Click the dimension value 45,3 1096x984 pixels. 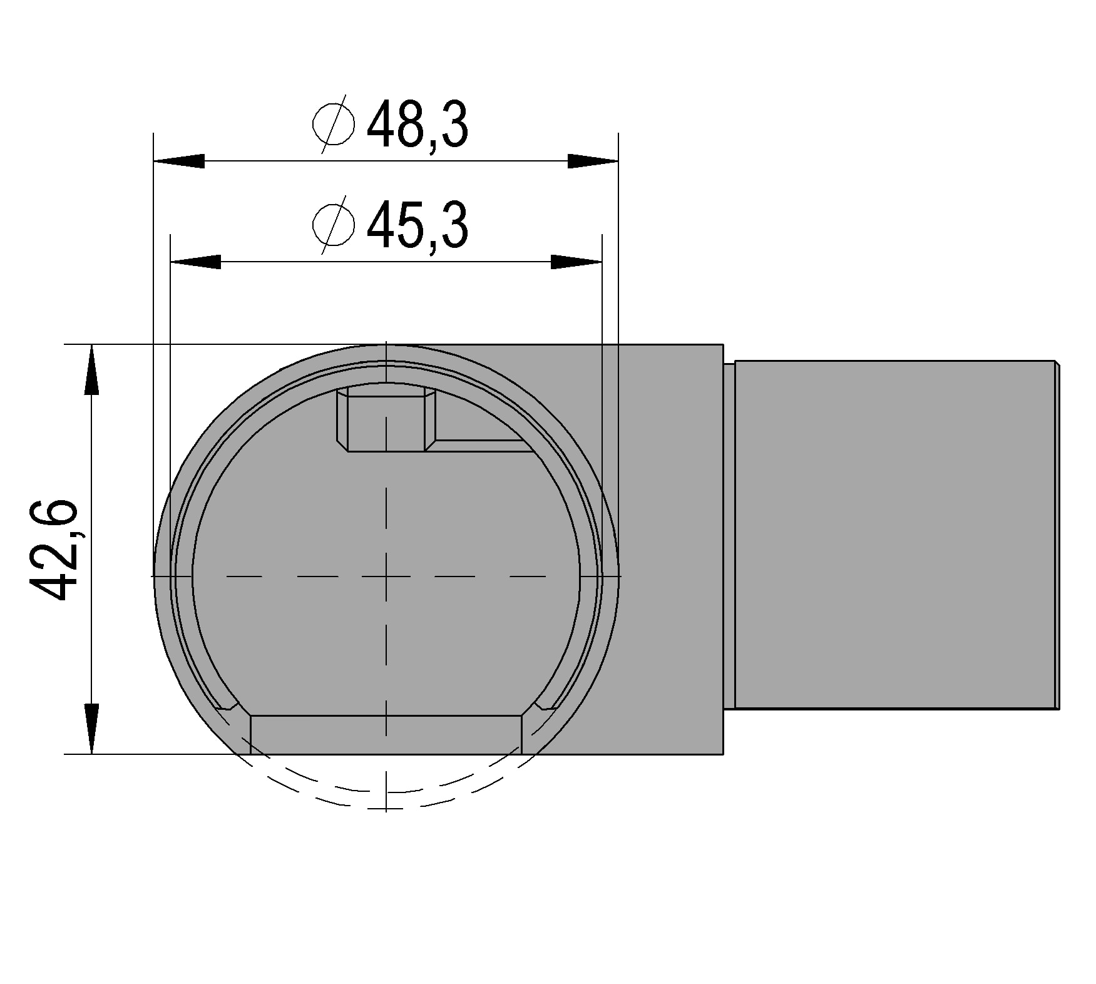(417, 227)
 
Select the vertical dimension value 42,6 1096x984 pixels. (54, 550)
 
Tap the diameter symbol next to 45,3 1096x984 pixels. (334, 225)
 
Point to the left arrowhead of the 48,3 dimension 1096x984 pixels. (179, 161)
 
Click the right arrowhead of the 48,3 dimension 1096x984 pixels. (593, 161)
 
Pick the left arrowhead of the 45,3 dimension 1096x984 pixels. (196, 262)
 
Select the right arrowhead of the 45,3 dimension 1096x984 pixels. (576, 262)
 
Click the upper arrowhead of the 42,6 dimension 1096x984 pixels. (92, 369)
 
